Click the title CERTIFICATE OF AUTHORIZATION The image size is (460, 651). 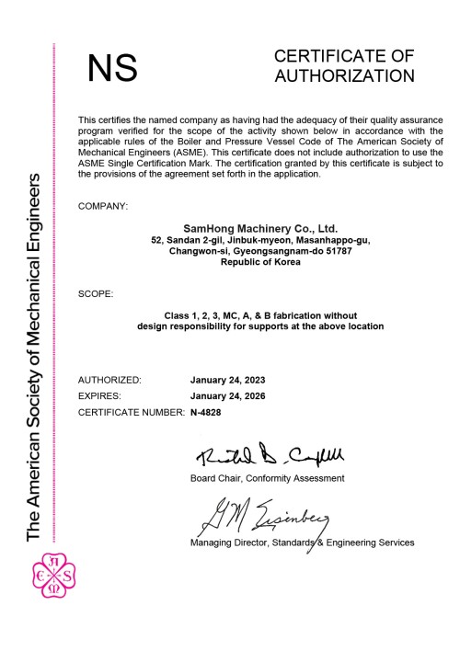point(343,66)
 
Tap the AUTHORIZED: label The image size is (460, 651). point(109,380)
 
